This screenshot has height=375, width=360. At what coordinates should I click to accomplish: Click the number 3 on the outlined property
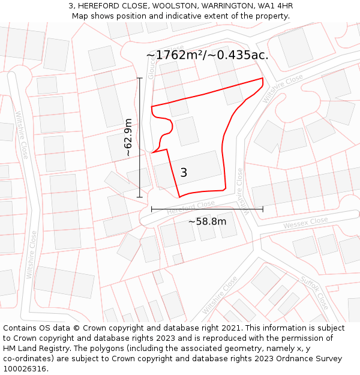coord(184,173)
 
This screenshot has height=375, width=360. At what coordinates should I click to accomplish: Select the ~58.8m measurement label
coord(207,221)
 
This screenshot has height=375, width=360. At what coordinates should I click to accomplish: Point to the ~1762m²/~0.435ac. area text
coord(207,55)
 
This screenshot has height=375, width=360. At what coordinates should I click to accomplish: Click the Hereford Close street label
coord(190,207)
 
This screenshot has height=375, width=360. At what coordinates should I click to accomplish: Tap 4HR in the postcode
coord(283,6)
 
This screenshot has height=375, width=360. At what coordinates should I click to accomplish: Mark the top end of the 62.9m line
coord(140,78)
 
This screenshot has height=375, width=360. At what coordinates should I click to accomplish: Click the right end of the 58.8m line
coord(263,209)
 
